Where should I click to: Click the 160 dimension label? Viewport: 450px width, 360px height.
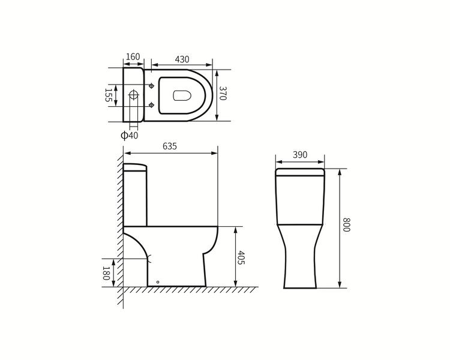(133, 56)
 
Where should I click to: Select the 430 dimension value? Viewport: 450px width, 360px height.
(182, 59)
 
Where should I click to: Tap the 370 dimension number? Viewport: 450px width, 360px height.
(223, 93)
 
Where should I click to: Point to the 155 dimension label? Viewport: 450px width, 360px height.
(108, 95)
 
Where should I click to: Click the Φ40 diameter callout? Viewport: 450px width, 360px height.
(130, 135)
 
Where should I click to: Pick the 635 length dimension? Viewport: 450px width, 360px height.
(170, 146)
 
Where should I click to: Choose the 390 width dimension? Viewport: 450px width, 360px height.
(300, 155)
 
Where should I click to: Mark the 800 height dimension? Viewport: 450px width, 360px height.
(347, 224)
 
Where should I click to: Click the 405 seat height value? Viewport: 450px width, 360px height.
(241, 257)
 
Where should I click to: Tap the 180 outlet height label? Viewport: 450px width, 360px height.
(106, 274)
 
